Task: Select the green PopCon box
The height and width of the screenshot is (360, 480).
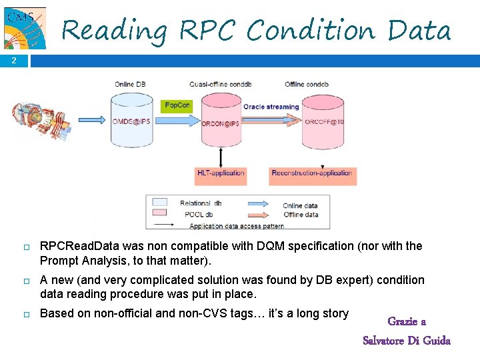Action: point(177,105)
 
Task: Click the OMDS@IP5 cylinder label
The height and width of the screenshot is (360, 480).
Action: point(131,121)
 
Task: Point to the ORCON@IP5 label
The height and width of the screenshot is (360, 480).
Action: point(221,124)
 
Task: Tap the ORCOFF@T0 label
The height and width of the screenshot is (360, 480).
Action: point(323,122)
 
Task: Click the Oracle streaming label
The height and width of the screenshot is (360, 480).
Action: point(271,107)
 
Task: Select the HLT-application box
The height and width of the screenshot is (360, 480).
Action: point(221,173)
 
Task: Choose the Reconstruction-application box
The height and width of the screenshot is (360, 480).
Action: point(311,173)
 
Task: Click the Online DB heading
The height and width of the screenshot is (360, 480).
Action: point(131,84)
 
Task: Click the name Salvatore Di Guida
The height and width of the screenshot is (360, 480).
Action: point(407,341)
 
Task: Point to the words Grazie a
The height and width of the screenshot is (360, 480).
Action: point(407,322)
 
